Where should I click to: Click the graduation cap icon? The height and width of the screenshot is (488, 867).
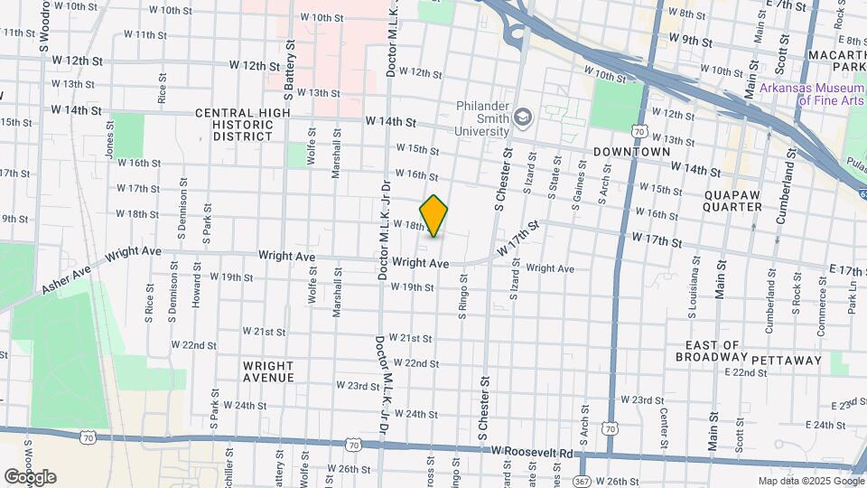(522, 117)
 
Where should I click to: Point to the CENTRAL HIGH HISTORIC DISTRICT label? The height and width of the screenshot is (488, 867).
(242, 125)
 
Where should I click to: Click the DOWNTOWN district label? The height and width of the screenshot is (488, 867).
(632, 152)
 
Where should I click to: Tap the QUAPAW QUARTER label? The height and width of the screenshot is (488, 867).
(732, 199)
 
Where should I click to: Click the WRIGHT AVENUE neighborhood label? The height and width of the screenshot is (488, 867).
(268, 371)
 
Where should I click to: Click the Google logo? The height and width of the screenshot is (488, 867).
(30, 477)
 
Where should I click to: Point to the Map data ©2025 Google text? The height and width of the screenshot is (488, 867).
(809, 481)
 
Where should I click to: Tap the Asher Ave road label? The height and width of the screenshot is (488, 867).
(66, 280)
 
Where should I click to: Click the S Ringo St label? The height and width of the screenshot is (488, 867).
(461, 316)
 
